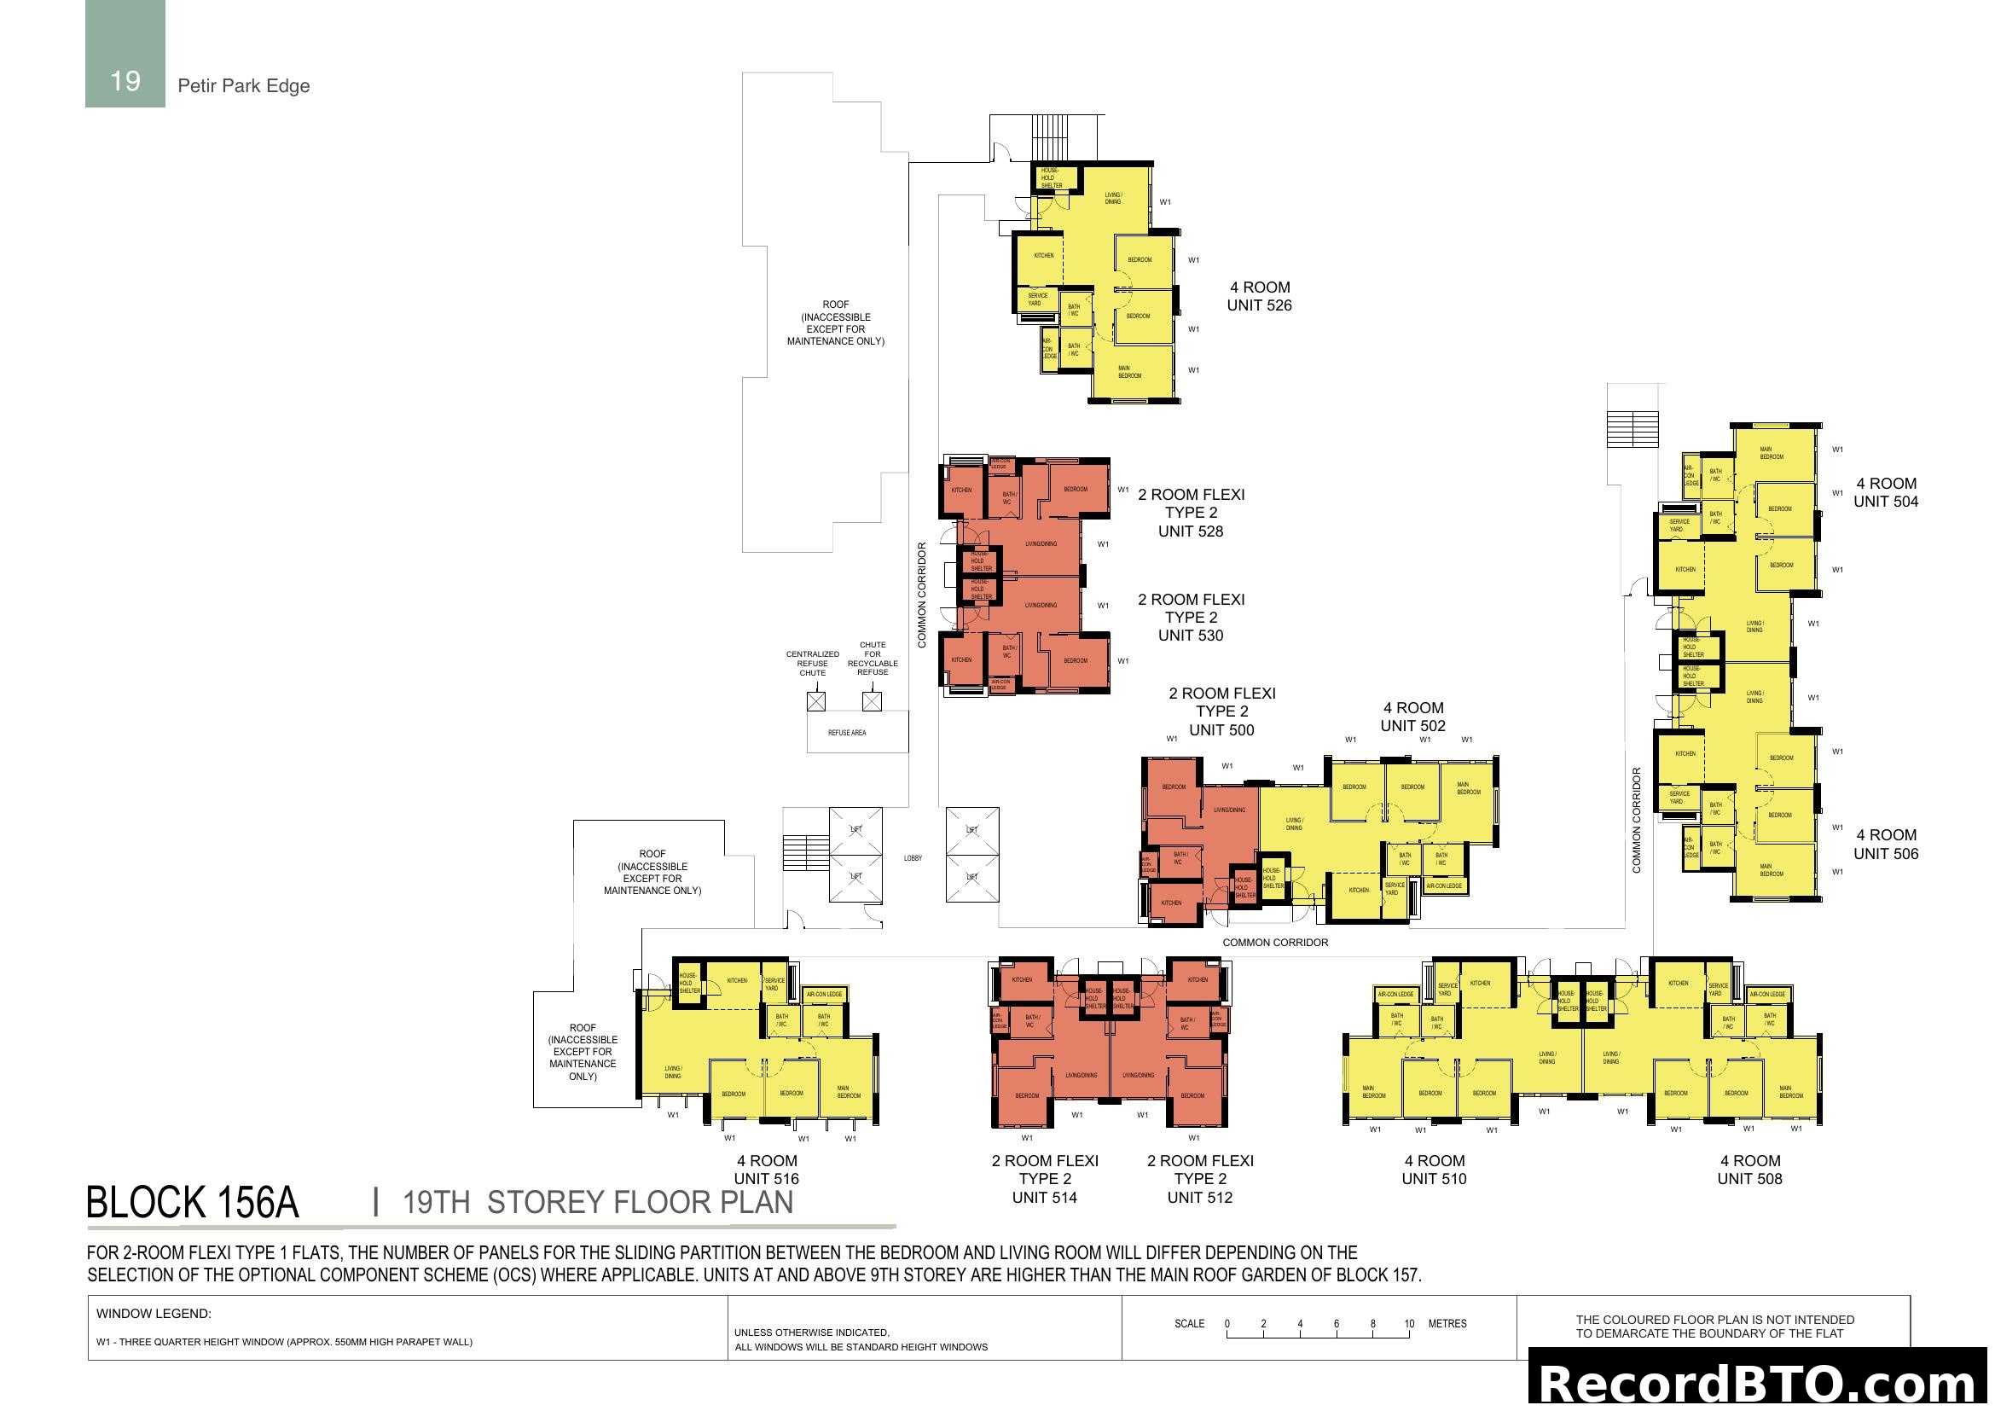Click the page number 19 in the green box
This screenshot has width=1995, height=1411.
(x=125, y=81)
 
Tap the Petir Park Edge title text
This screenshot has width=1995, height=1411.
(x=243, y=86)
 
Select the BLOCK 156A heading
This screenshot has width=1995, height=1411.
(x=192, y=1203)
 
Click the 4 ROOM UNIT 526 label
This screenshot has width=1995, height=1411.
(x=1259, y=296)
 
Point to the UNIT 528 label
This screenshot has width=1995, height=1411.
(x=1191, y=531)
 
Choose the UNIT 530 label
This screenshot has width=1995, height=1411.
(x=1191, y=636)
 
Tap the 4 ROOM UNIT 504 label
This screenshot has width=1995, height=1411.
(x=1886, y=492)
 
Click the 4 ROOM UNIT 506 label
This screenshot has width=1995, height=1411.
(x=1886, y=845)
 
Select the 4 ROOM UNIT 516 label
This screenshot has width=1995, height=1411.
(x=767, y=1170)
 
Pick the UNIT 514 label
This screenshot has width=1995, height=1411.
(x=1045, y=1197)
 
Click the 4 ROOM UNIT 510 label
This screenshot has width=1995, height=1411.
(x=1434, y=1170)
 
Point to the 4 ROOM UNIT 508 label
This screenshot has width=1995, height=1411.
(x=1749, y=1170)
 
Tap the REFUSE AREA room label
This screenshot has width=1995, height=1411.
(x=846, y=733)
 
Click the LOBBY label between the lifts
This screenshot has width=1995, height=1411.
(x=913, y=858)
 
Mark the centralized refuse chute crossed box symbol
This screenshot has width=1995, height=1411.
(x=816, y=701)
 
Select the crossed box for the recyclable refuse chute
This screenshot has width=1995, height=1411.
(x=872, y=701)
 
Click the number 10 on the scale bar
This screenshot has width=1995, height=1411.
(x=1408, y=1324)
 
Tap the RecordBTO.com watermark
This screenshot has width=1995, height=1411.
(x=1758, y=1383)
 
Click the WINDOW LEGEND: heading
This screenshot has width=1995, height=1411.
(x=154, y=1314)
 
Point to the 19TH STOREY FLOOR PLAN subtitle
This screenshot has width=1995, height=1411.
(x=598, y=1203)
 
